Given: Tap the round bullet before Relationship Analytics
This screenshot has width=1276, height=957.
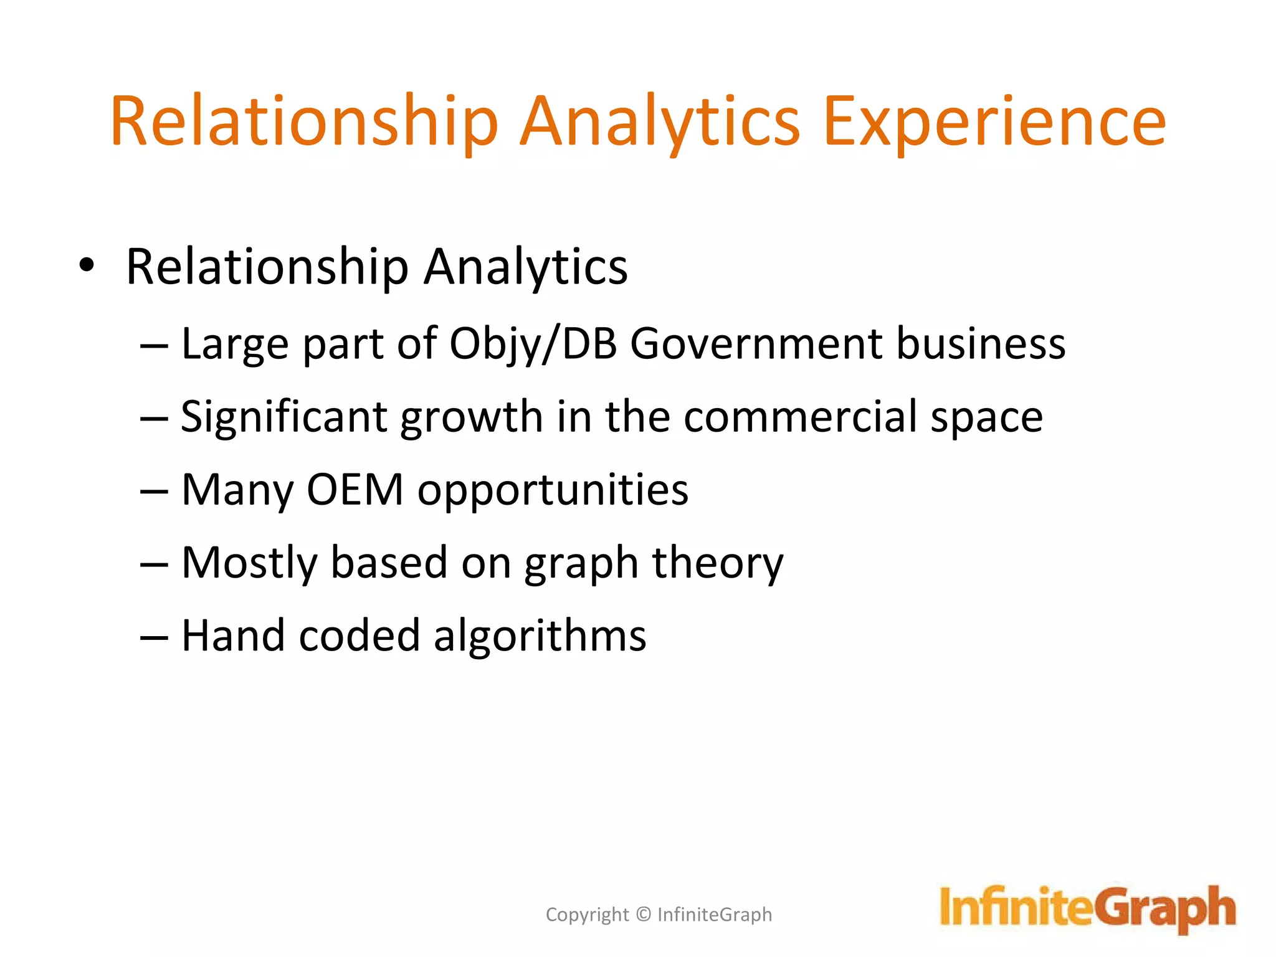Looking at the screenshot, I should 87,266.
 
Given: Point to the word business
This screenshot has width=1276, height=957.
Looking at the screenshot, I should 981,344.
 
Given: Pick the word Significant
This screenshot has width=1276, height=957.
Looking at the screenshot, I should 284,417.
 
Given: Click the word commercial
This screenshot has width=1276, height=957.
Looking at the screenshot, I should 800,417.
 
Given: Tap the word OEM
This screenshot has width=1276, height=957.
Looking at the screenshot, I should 355,490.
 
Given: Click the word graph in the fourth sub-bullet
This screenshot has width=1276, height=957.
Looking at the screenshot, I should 581,564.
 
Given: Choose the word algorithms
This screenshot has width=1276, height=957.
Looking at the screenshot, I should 540,637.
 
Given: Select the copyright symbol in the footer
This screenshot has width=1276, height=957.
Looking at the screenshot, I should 644,915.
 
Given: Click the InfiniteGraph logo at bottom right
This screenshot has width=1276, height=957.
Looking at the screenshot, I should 1087,908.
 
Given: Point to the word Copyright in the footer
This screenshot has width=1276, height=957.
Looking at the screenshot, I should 587,915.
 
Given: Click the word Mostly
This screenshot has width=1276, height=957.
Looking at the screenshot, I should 249,564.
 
